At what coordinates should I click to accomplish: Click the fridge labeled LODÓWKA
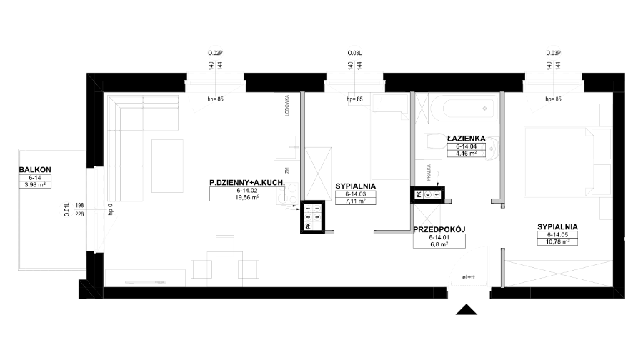click(x=286, y=106)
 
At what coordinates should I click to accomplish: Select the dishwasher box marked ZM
click(x=286, y=171)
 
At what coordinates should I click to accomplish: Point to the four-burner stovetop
click(x=287, y=193)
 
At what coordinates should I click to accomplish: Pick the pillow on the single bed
click(x=387, y=102)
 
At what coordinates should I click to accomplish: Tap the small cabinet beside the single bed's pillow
click(x=357, y=99)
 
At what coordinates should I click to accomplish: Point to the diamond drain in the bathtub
click(x=486, y=109)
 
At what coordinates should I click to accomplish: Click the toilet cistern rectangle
click(x=420, y=140)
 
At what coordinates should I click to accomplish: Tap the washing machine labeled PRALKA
click(x=430, y=174)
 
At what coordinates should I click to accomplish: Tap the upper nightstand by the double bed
click(x=606, y=115)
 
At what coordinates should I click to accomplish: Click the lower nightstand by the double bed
click(x=606, y=208)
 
